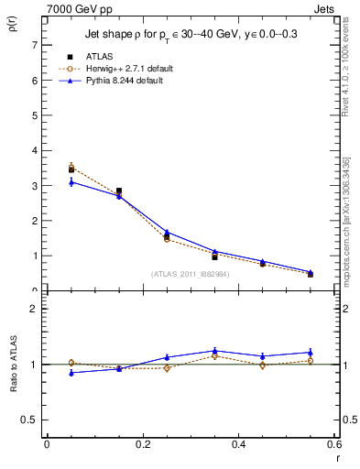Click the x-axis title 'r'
click(336, 459)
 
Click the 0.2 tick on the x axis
click(142, 443)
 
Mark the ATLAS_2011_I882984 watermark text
click(191, 275)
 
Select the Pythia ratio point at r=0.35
click(214, 351)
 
